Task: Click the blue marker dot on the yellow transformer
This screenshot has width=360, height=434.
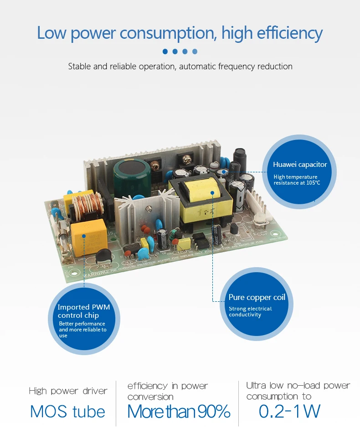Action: [213, 192]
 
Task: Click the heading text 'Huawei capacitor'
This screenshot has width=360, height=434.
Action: [300, 165]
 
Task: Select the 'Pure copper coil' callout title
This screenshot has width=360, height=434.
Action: [257, 297]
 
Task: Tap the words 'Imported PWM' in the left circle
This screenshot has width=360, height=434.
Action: [84, 307]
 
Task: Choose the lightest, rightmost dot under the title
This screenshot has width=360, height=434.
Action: [195, 52]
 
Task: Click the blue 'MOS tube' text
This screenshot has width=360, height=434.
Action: [67, 411]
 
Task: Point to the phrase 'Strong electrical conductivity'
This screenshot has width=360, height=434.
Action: [250, 312]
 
